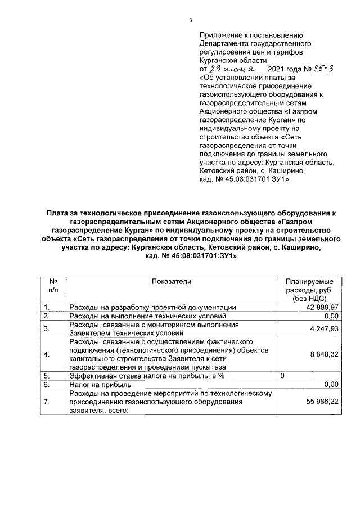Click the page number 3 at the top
190,21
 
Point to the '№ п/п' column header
52,285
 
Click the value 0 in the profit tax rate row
282,375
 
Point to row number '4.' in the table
48,354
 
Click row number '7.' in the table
48,402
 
